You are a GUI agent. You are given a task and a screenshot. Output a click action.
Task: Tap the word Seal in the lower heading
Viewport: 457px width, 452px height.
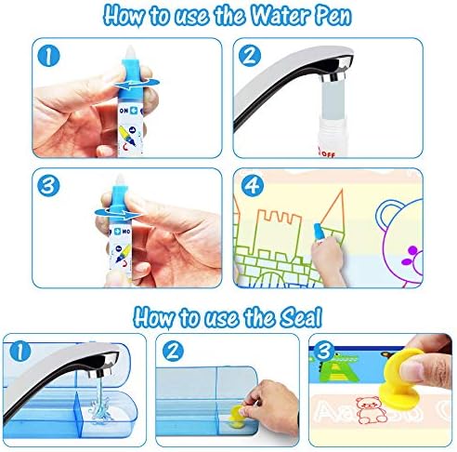click(301, 317)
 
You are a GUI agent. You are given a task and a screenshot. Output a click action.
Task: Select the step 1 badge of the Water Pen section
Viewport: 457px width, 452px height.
click(48, 56)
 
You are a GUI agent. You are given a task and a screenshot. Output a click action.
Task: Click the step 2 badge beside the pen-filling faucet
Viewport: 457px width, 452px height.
click(250, 56)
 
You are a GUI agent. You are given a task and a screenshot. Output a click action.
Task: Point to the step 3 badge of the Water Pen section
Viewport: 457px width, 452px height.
click(48, 186)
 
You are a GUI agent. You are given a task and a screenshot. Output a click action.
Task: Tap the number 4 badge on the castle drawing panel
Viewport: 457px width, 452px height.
click(253, 186)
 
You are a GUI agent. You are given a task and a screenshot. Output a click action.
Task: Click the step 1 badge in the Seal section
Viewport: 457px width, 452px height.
click(20, 352)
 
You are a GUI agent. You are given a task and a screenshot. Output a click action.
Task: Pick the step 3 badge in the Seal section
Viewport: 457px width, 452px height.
click(324, 351)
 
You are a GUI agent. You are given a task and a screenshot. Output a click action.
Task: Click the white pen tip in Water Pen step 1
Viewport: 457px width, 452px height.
click(130, 53)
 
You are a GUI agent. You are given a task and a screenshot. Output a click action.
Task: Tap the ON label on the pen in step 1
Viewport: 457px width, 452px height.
click(124, 111)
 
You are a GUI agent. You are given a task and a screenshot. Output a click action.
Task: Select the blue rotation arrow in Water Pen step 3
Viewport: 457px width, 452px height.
click(118, 213)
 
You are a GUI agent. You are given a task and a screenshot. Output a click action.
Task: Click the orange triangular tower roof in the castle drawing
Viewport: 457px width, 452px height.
click(333, 210)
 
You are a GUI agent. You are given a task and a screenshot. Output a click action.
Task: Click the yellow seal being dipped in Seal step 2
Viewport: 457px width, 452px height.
click(237, 414)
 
